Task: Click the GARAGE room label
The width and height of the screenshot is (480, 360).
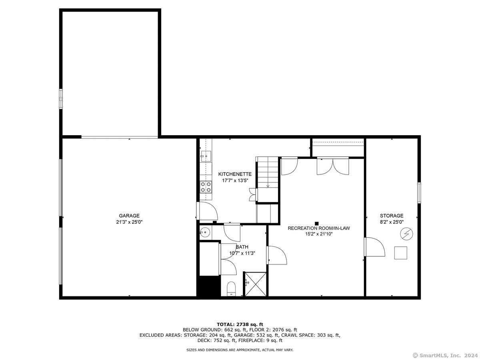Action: (x=129, y=216)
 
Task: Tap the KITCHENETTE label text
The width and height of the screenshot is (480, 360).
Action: (x=235, y=174)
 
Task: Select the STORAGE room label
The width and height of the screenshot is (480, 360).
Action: (x=392, y=216)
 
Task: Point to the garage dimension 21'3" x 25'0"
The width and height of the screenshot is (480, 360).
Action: (x=129, y=222)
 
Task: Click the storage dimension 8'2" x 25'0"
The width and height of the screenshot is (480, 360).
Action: (x=392, y=222)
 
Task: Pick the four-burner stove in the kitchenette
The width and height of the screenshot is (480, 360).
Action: (x=206, y=187)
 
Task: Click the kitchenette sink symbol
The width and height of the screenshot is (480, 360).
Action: (x=206, y=156)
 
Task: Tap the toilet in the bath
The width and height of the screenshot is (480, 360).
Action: (x=231, y=288)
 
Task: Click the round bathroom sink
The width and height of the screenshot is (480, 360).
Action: (x=205, y=232)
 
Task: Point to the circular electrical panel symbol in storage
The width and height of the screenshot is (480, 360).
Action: (x=406, y=234)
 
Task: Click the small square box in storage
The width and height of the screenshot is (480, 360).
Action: (x=400, y=253)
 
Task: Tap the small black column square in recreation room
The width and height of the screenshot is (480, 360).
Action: (x=316, y=223)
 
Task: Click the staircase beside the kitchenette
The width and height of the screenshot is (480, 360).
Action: (x=267, y=173)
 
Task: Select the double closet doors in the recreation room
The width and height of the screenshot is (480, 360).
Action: (x=333, y=166)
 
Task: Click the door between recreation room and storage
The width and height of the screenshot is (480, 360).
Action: (x=374, y=247)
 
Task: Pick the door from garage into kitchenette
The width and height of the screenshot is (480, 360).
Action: (x=207, y=211)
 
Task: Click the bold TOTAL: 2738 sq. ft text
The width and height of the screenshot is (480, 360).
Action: (x=240, y=324)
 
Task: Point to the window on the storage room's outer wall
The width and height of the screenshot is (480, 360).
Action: (x=419, y=193)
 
